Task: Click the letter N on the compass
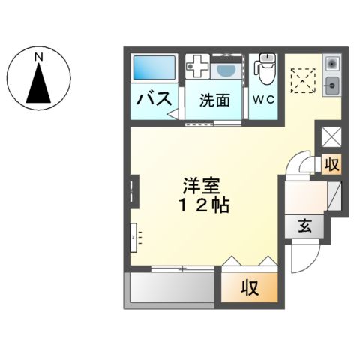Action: pos(39,56)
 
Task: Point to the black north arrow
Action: pos(39,83)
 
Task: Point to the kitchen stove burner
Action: pos(332,64)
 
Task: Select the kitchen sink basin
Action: pos(332,85)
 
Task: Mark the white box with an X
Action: pos(330,137)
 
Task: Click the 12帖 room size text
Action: pos(199,204)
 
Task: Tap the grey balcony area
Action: pos(171,287)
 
